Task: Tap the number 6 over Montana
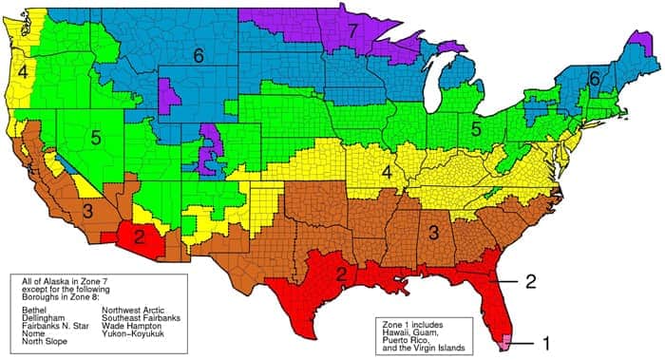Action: point(199,57)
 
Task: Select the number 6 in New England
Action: point(594,82)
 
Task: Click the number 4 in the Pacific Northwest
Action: point(22,71)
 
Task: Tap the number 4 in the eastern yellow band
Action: point(387,172)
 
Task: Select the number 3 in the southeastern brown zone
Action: point(432,230)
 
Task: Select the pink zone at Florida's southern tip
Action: point(505,338)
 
